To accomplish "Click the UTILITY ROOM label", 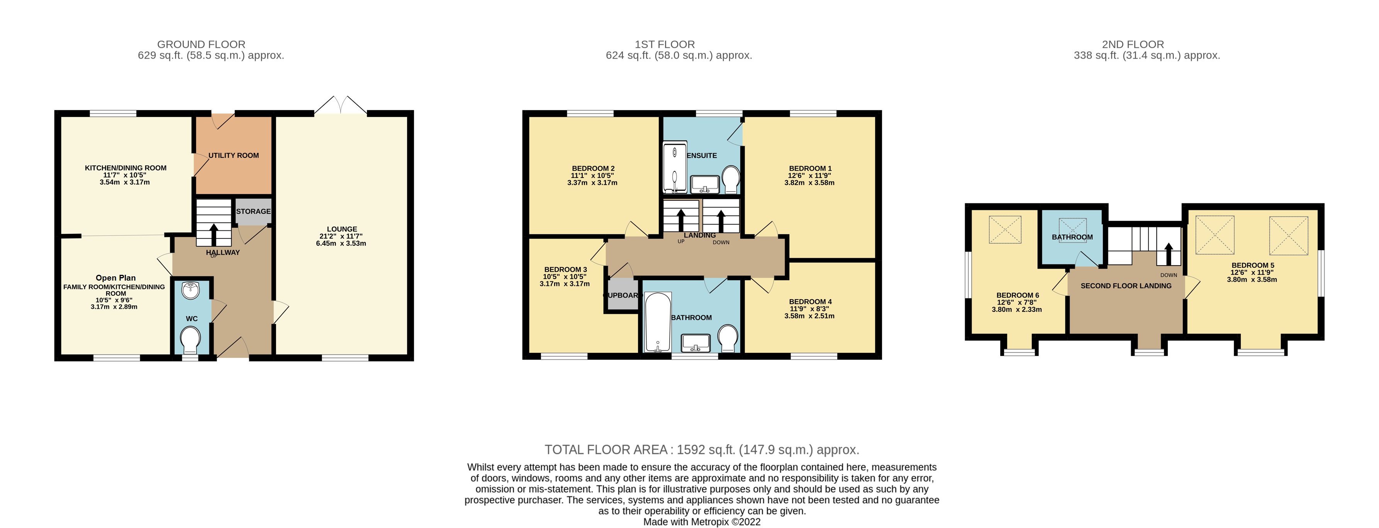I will (233, 156).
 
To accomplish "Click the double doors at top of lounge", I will (341, 106).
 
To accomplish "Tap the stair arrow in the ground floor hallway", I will (214, 234).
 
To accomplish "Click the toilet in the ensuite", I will (731, 178).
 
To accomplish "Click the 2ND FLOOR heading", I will (1133, 44).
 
